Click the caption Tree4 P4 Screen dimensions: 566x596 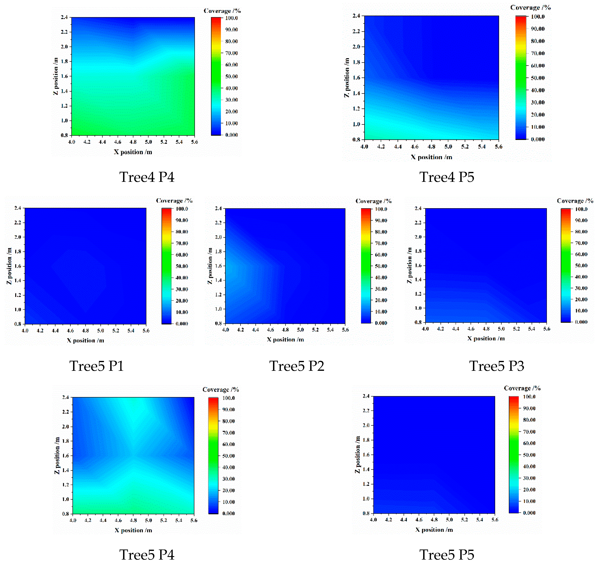click(147, 177)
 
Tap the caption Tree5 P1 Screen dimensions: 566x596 click(96, 366)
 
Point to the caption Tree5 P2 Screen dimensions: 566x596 click(297, 366)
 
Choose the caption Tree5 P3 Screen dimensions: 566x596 click(497, 366)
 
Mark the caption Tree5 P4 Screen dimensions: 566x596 click(147, 555)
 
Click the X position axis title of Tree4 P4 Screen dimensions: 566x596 click(133, 152)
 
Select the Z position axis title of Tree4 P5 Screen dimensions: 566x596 click(347, 77)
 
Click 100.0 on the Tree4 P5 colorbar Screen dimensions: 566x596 click(538, 17)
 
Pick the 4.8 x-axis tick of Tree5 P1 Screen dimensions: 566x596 click(85, 331)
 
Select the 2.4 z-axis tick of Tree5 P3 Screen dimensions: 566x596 click(418, 208)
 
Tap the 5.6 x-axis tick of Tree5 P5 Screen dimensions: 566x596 click(495, 519)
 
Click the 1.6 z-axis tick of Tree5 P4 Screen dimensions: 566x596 click(65, 456)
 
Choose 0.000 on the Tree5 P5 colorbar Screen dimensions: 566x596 click(529, 513)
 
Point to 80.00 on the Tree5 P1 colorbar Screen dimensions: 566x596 click(182, 232)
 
